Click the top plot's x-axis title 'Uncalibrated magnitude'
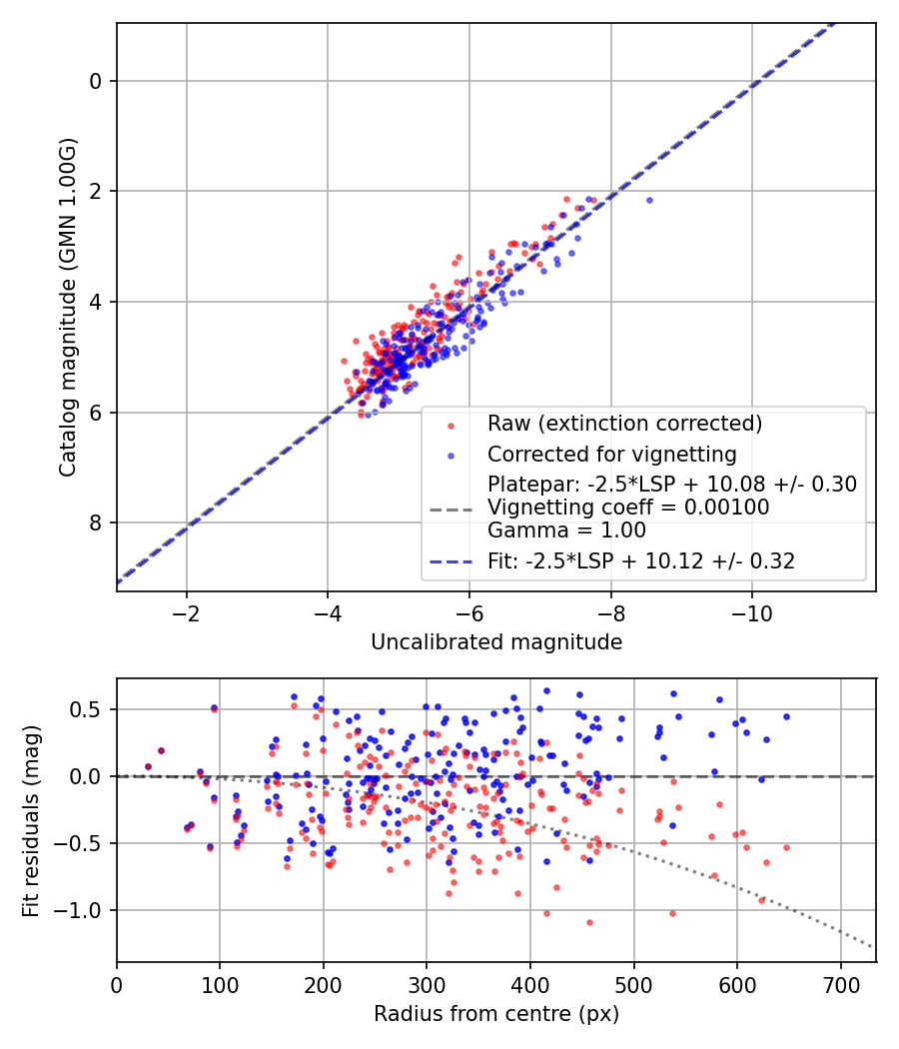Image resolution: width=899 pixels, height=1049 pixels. pyautogui.click(x=496, y=642)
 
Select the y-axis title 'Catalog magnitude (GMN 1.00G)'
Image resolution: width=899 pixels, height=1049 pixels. pyautogui.click(x=68, y=308)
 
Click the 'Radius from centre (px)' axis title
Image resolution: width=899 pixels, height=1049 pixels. pyautogui.click(x=496, y=1014)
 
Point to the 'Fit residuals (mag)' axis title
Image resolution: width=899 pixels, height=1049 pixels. pyautogui.click(x=31, y=821)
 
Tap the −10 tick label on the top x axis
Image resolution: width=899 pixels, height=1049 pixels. pyautogui.click(x=752, y=613)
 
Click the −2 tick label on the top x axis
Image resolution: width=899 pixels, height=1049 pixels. pyautogui.click(x=186, y=613)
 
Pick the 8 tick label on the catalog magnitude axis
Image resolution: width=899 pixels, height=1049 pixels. pyautogui.click(x=95, y=523)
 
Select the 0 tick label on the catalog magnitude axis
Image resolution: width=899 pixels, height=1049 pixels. pyautogui.click(x=95, y=81)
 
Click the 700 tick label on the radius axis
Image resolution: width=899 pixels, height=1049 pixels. pyautogui.click(x=840, y=985)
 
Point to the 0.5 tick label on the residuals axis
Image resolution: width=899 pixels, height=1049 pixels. pyautogui.click(x=86, y=709)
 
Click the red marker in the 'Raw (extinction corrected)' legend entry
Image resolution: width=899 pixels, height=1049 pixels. pyautogui.click(x=450, y=426)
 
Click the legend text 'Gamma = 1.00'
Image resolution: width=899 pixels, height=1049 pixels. pyautogui.click(x=566, y=530)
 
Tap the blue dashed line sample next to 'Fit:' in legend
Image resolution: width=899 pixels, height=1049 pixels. pyautogui.click(x=450, y=561)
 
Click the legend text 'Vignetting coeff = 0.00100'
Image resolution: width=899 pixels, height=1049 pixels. pyautogui.click(x=628, y=508)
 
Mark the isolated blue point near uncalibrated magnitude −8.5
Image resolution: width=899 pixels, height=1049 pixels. pyautogui.click(x=649, y=200)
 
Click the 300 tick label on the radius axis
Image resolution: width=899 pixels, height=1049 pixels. pyautogui.click(x=427, y=985)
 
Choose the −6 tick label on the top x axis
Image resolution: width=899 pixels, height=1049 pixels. pyautogui.click(x=468, y=613)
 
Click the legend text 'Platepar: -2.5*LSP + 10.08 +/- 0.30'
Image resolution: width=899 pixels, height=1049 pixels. pyautogui.click(x=672, y=484)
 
